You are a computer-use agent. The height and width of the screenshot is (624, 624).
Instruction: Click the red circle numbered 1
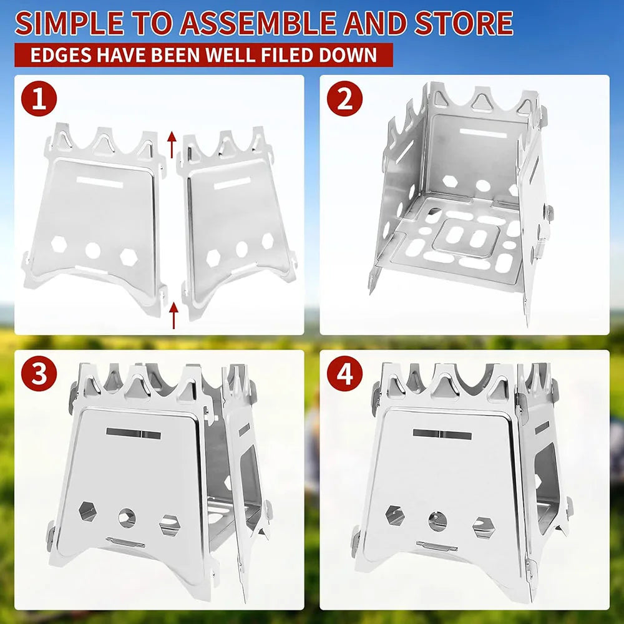tap(39, 99)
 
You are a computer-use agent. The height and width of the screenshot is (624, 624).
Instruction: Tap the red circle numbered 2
tap(345, 99)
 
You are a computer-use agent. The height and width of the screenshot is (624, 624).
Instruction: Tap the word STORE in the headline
tap(459, 23)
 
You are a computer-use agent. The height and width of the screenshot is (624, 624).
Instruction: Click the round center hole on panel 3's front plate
tap(127, 517)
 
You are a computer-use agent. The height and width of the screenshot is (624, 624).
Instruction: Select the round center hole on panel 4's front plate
tap(437, 519)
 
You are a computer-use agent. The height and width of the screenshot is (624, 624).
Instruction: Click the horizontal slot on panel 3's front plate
tap(134, 433)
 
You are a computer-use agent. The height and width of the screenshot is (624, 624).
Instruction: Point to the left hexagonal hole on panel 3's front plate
tap(87, 511)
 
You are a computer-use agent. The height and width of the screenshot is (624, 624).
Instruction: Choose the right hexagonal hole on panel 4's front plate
tap(482, 527)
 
